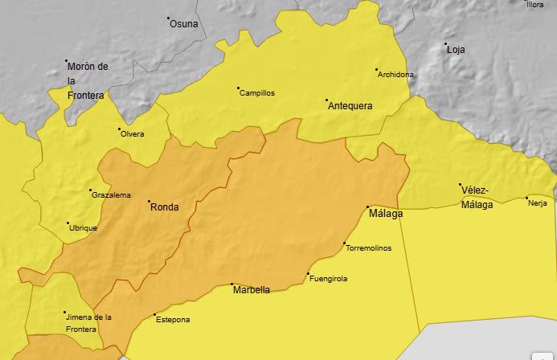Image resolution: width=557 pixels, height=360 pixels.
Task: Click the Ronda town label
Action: (x=165, y=207)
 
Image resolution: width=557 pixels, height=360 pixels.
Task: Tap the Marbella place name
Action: (x=252, y=290)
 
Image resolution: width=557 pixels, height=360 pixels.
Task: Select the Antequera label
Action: (x=350, y=105)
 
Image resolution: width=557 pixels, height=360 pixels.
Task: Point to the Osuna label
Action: (x=184, y=23)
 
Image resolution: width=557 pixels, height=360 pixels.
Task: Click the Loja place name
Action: (x=456, y=49)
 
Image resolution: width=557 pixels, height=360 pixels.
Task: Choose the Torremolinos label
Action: (x=368, y=247)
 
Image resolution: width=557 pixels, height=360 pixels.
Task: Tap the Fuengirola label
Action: (x=329, y=279)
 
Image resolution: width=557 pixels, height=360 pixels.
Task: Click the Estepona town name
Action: (x=173, y=320)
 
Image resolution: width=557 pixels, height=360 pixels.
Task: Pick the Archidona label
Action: (x=396, y=75)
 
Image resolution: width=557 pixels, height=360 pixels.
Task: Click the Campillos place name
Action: (x=257, y=92)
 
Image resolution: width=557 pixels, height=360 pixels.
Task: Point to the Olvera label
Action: (x=133, y=133)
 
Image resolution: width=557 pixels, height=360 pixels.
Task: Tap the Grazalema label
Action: (x=111, y=195)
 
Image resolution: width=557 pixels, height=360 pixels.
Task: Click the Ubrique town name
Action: (x=84, y=228)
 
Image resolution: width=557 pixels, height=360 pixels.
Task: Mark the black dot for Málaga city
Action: (x=368, y=207)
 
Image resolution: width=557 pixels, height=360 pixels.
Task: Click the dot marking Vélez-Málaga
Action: (x=461, y=185)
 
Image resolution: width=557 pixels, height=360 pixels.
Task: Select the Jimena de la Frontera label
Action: (x=88, y=323)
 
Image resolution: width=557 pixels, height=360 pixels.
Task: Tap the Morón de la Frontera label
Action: (x=87, y=80)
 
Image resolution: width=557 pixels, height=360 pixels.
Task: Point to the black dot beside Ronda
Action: (x=148, y=201)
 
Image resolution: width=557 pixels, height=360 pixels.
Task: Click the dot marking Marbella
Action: (x=232, y=284)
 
